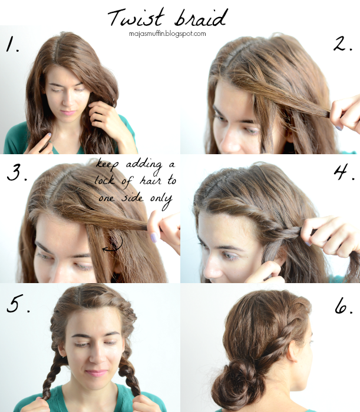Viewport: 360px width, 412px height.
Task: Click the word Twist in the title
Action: coord(136,17)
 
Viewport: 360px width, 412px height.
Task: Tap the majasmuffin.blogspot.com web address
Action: coord(167,34)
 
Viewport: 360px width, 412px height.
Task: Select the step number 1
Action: coord(12,44)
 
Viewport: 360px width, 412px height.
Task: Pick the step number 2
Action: coord(342,44)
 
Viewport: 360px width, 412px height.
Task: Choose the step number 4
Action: coord(344,172)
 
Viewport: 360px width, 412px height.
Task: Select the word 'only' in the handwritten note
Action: coord(161,200)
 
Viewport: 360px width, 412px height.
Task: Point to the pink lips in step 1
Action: coord(68,113)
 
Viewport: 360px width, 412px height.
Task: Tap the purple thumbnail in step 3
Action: coord(154,238)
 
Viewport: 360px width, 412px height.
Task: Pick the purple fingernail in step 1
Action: coord(49,135)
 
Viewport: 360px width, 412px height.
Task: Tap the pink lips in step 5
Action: coord(96,373)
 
